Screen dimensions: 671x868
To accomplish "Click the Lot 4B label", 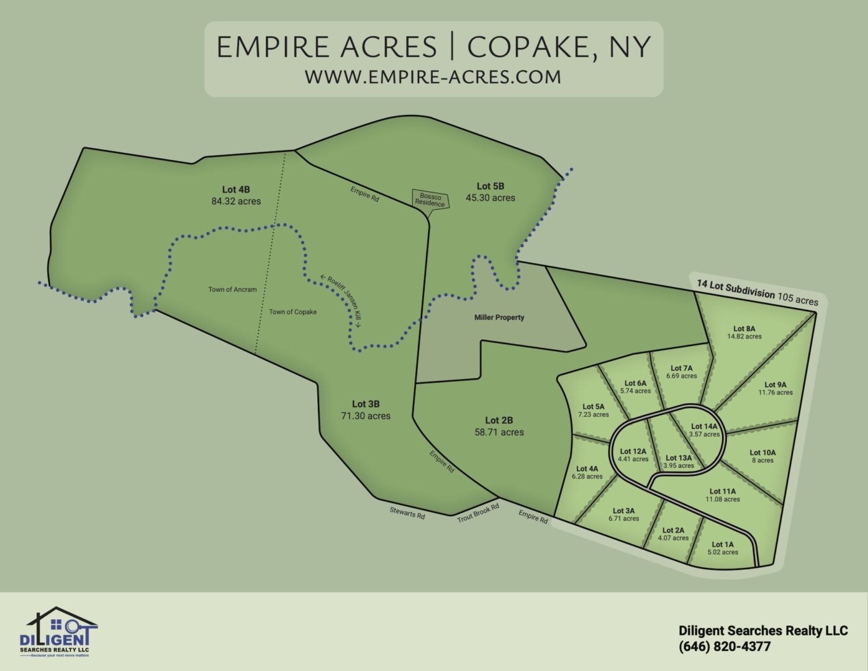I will (x=236, y=189).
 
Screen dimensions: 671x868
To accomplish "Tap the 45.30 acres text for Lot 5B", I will (x=491, y=198).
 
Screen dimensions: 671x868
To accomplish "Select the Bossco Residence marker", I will (x=430, y=199).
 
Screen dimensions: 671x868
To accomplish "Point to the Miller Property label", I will (x=499, y=317).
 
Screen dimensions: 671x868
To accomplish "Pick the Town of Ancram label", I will (x=232, y=290).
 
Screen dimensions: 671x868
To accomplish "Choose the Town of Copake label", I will (x=292, y=312).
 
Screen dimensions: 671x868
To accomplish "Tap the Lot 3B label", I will (x=366, y=404).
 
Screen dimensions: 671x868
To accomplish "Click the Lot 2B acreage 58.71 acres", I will (x=499, y=432).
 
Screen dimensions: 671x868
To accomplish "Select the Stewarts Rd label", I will (x=407, y=514).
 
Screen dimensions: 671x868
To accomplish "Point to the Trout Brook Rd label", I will (x=478, y=513).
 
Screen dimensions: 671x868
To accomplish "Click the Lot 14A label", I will (x=704, y=427).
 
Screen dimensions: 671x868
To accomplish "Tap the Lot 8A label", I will (x=744, y=329).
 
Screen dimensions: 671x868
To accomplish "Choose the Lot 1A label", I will (x=723, y=544).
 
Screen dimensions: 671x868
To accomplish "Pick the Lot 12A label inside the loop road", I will (x=633, y=452).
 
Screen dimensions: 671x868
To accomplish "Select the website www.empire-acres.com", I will (x=433, y=77).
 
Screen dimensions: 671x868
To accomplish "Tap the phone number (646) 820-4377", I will (x=725, y=647).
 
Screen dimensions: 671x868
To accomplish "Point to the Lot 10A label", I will (x=762, y=453).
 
